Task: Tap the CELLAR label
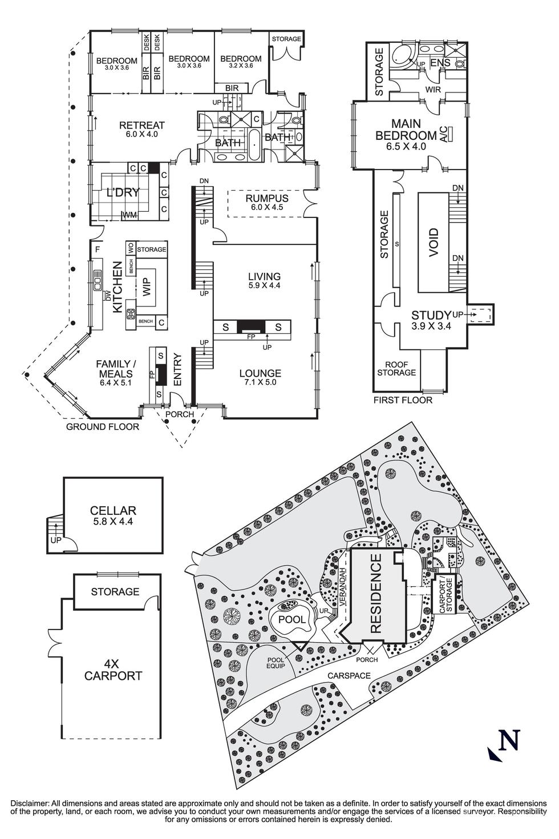point(113,510)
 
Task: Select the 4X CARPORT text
point(113,670)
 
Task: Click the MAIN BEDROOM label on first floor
point(406,130)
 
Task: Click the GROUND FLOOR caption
point(103,426)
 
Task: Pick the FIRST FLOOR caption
point(403,400)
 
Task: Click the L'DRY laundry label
point(123,192)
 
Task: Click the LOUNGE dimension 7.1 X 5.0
point(260,382)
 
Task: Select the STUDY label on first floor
point(431,315)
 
